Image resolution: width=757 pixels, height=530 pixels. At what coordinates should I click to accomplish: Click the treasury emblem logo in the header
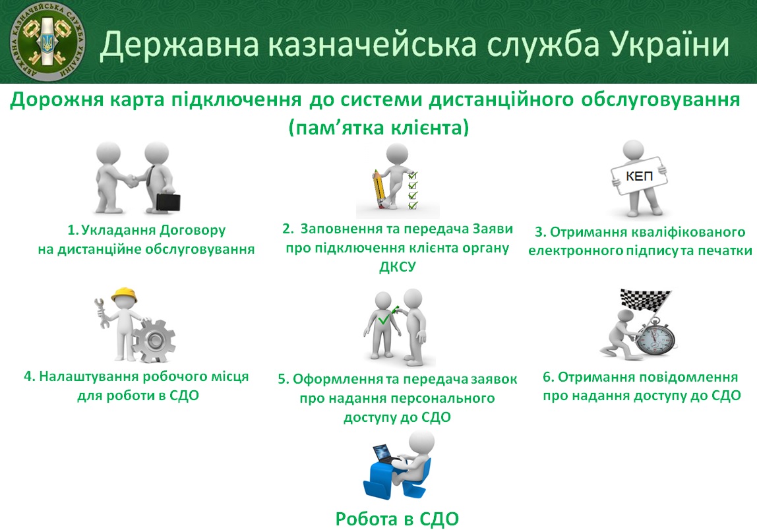(x=47, y=42)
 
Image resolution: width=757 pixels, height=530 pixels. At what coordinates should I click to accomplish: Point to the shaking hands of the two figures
(x=131, y=181)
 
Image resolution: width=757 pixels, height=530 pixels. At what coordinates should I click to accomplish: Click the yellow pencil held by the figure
(x=378, y=189)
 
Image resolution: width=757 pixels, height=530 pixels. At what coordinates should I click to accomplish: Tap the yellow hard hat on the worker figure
(x=124, y=295)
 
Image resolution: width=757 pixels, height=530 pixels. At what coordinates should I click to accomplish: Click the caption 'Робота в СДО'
(x=397, y=519)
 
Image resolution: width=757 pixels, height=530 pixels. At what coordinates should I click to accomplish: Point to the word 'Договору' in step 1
(x=193, y=230)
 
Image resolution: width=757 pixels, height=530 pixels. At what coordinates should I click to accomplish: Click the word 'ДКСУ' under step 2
(x=398, y=267)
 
